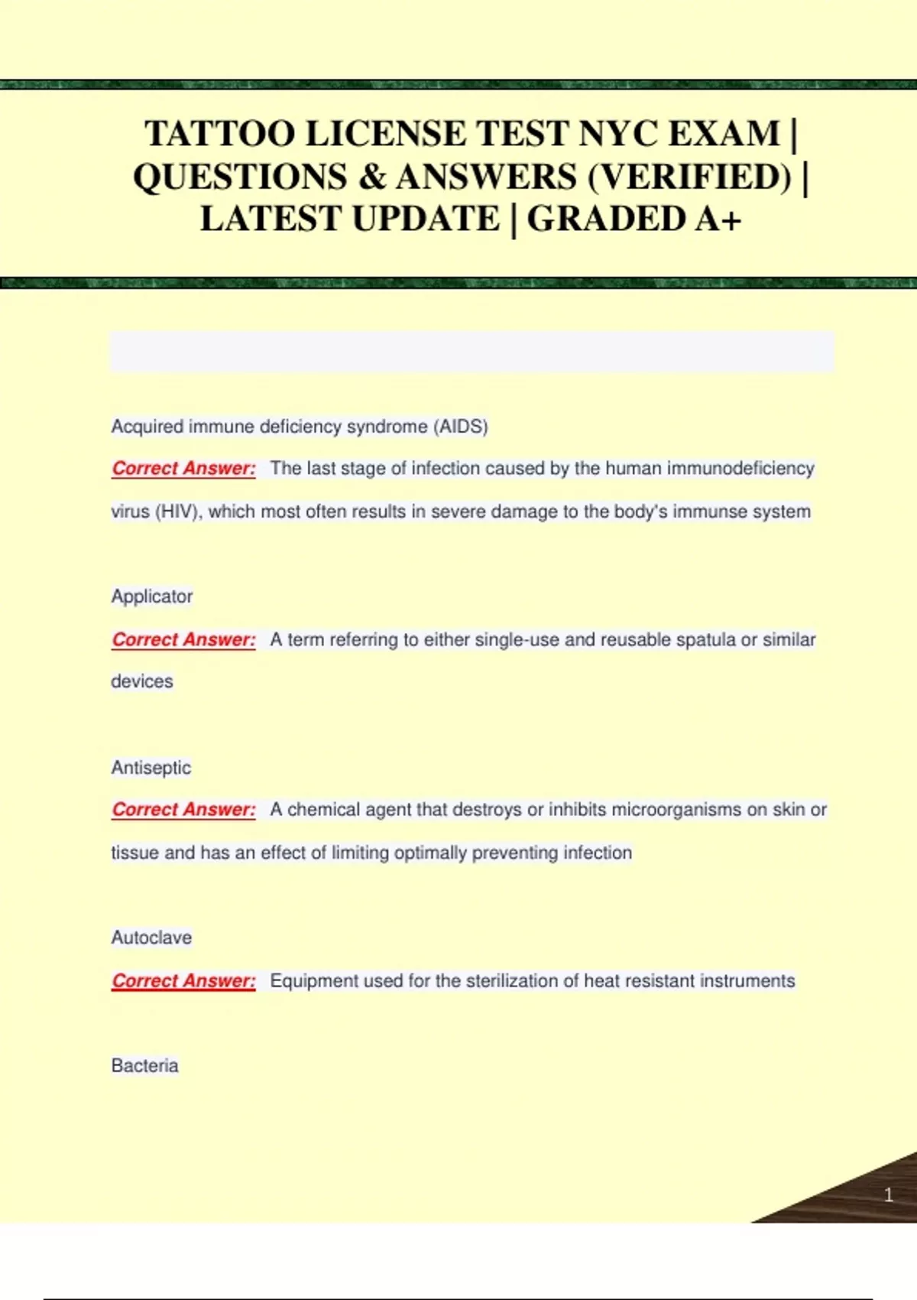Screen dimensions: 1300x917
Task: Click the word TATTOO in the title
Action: [220, 135]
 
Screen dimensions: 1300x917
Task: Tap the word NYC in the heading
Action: [618, 135]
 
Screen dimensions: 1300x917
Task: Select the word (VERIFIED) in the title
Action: [690, 177]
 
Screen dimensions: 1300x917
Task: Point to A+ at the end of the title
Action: [718, 219]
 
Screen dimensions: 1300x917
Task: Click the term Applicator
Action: [152, 596]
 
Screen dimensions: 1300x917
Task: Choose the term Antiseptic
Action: [151, 768]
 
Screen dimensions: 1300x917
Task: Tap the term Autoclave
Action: [151, 938]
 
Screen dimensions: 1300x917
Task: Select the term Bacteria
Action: [144, 1066]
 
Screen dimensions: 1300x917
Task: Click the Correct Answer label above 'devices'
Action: [183, 639]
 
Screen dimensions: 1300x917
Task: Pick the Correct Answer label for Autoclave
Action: [183, 980]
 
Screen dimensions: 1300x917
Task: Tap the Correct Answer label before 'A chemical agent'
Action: [183, 810]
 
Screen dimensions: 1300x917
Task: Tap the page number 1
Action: [888, 1194]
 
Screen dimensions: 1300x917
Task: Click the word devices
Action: [142, 681]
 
